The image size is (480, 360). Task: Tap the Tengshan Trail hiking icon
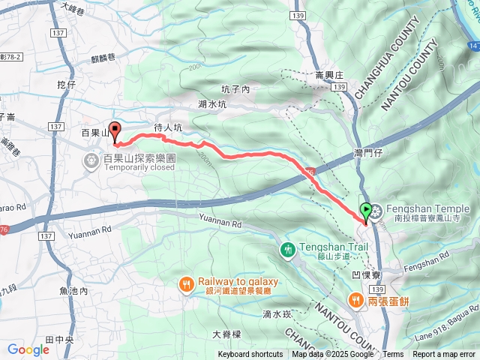[288, 249]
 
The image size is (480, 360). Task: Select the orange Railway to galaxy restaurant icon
[186, 283]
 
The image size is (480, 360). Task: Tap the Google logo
[28, 349]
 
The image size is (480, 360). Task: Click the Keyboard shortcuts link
[250, 355]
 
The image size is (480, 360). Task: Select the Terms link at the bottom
[393, 355]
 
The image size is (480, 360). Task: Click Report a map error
[445, 355]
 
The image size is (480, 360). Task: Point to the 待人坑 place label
[168, 128]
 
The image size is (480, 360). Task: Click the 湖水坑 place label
[212, 105]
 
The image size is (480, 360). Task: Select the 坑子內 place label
[235, 88]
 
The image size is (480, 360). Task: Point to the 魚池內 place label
[73, 290]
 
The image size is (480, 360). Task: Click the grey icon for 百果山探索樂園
[91, 160]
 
